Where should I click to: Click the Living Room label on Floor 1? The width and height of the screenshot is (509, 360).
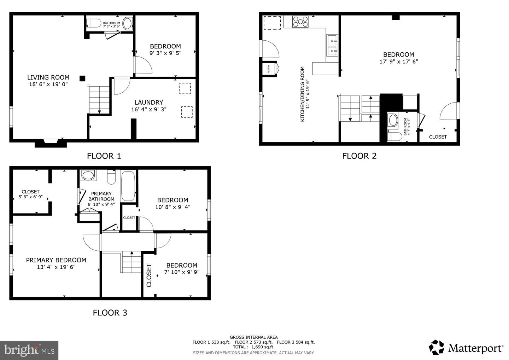(x=48, y=77)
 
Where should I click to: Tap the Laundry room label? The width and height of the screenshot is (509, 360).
(x=149, y=103)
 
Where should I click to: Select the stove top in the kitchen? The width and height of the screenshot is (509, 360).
(x=300, y=22)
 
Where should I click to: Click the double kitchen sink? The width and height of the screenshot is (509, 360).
(x=332, y=45)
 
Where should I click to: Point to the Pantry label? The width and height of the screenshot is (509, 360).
(x=269, y=69)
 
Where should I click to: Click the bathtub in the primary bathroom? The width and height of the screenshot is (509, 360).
(x=128, y=186)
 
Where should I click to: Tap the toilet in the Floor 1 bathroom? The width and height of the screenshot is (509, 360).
(x=94, y=23)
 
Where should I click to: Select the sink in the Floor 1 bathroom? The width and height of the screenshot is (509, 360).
(x=127, y=23)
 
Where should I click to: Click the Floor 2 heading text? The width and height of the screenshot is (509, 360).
(x=359, y=156)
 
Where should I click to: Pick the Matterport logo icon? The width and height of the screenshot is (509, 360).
(x=436, y=347)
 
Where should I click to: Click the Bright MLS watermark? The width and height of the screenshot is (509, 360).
(x=29, y=350)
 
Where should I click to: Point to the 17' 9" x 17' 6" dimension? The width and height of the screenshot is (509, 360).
(x=399, y=62)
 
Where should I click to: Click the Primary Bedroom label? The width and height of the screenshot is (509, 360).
(x=56, y=260)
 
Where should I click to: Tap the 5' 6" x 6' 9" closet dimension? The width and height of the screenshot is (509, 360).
(x=30, y=197)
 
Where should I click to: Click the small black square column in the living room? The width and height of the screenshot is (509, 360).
(x=82, y=79)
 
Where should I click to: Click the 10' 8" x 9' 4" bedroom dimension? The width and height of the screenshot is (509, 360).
(x=173, y=207)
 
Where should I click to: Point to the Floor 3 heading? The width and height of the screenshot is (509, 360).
(x=110, y=313)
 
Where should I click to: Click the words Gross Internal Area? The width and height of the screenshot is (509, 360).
(x=253, y=337)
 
